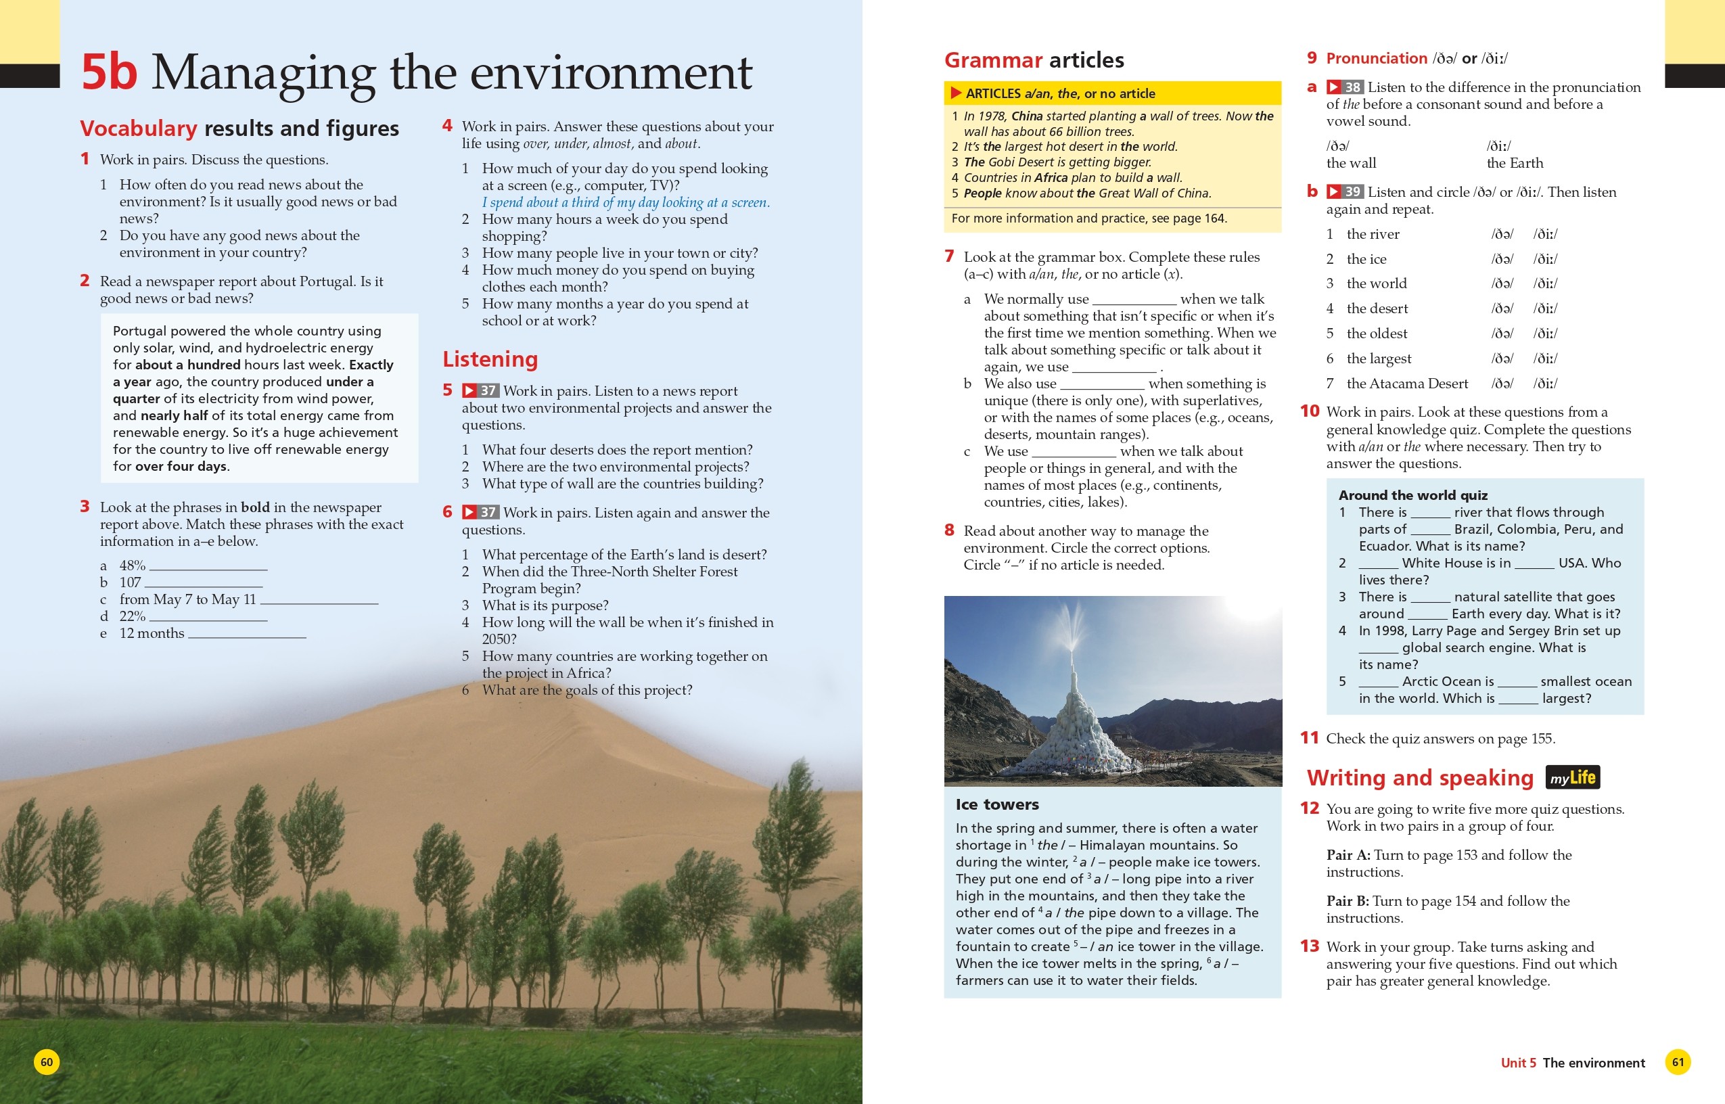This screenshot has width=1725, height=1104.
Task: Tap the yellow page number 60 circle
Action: pyautogui.click(x=47, y=1061)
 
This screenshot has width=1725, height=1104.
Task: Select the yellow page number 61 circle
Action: pyautogui.click(x=1678, y=1061)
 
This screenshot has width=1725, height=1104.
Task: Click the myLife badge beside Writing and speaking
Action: pyautogui.click(x=1572, y=778)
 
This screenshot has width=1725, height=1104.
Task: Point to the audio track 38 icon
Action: pyautogui.click(x=1344, y=87)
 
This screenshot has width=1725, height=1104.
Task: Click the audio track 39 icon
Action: pyautogui.click(x=1344, y=192)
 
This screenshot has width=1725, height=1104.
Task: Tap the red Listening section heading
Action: pyautogui.click(x=490, y=359)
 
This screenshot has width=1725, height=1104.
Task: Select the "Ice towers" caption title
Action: pyautogui.click(x=997, y=804)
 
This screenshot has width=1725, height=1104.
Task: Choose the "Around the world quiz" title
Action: pyautogui.click(x=1412, y=495)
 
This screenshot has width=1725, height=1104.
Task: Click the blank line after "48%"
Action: pyautogui.click(x=208, y=568)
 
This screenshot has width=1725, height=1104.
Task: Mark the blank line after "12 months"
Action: pyautogui.click(x=246, y=636)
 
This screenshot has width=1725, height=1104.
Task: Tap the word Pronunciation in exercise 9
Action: pyautogui.click(x=1377, y=59)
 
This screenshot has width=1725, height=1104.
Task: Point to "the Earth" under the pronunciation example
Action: pyautogui.click(x=1515, y=164)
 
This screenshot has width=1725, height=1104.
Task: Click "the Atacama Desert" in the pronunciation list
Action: pyautogui.click(x=1407, y=384)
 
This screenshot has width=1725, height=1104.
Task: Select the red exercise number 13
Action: pyautogui.click(x=1310, y=946)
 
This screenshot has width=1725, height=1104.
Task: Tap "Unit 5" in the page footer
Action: pyautogui.click(x=1518, y=1063)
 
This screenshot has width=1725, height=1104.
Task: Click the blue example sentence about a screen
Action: pyautogui.click(x=626, y=203)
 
